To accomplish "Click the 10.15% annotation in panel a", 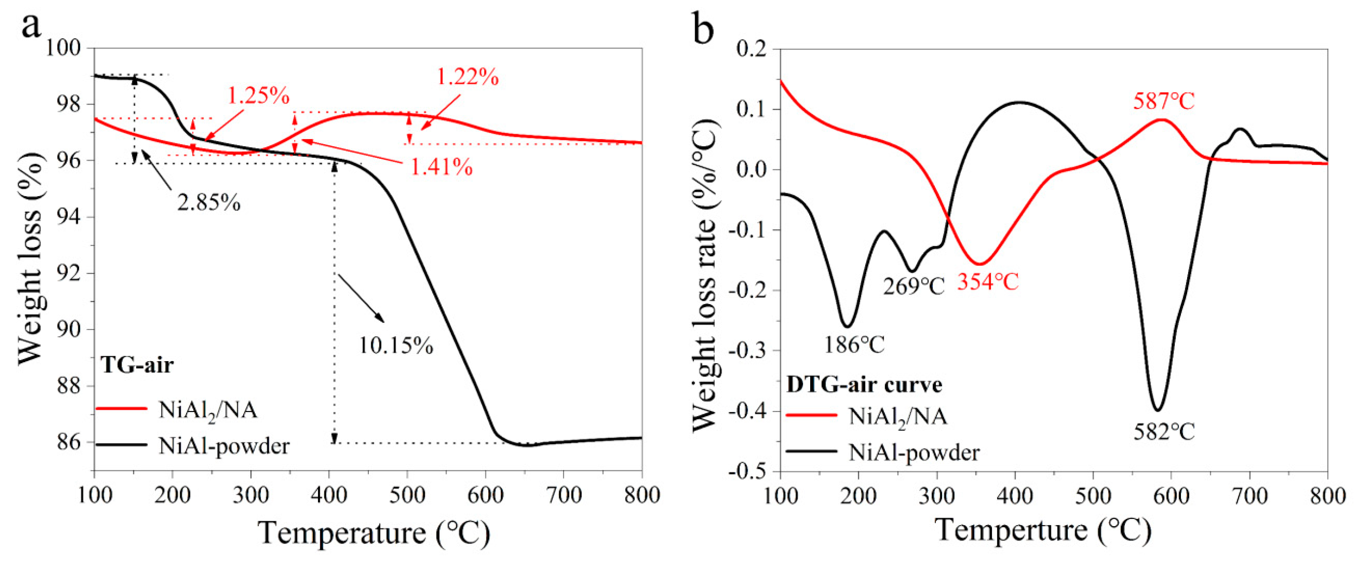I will pyautogui.click(x=396, y=346).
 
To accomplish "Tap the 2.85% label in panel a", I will pyautogui.click(x=209, y=202).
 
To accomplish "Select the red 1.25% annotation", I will pyautogui.click(x=259, y=96).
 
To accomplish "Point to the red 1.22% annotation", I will pyautogui.click(x=468, y=78).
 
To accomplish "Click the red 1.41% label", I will pyautogui.click(x=441, y=167).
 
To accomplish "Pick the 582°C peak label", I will pyautogui.click(x=1164, y=432).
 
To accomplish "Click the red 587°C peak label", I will pyautogui.click(x=1164, y=101).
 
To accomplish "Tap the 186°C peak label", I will pyautogui.click(x=854, y=345).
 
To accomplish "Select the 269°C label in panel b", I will pyautogui.click(x=913, y=287).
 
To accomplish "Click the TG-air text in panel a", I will pyautogui.click(x=138, y=365).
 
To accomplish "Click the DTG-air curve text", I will pyautogui.click(x=864, y=385).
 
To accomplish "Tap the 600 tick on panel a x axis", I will pyautogui.click(x=485, y=495).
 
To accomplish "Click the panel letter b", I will pyautogui.click(x=704, y=29).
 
